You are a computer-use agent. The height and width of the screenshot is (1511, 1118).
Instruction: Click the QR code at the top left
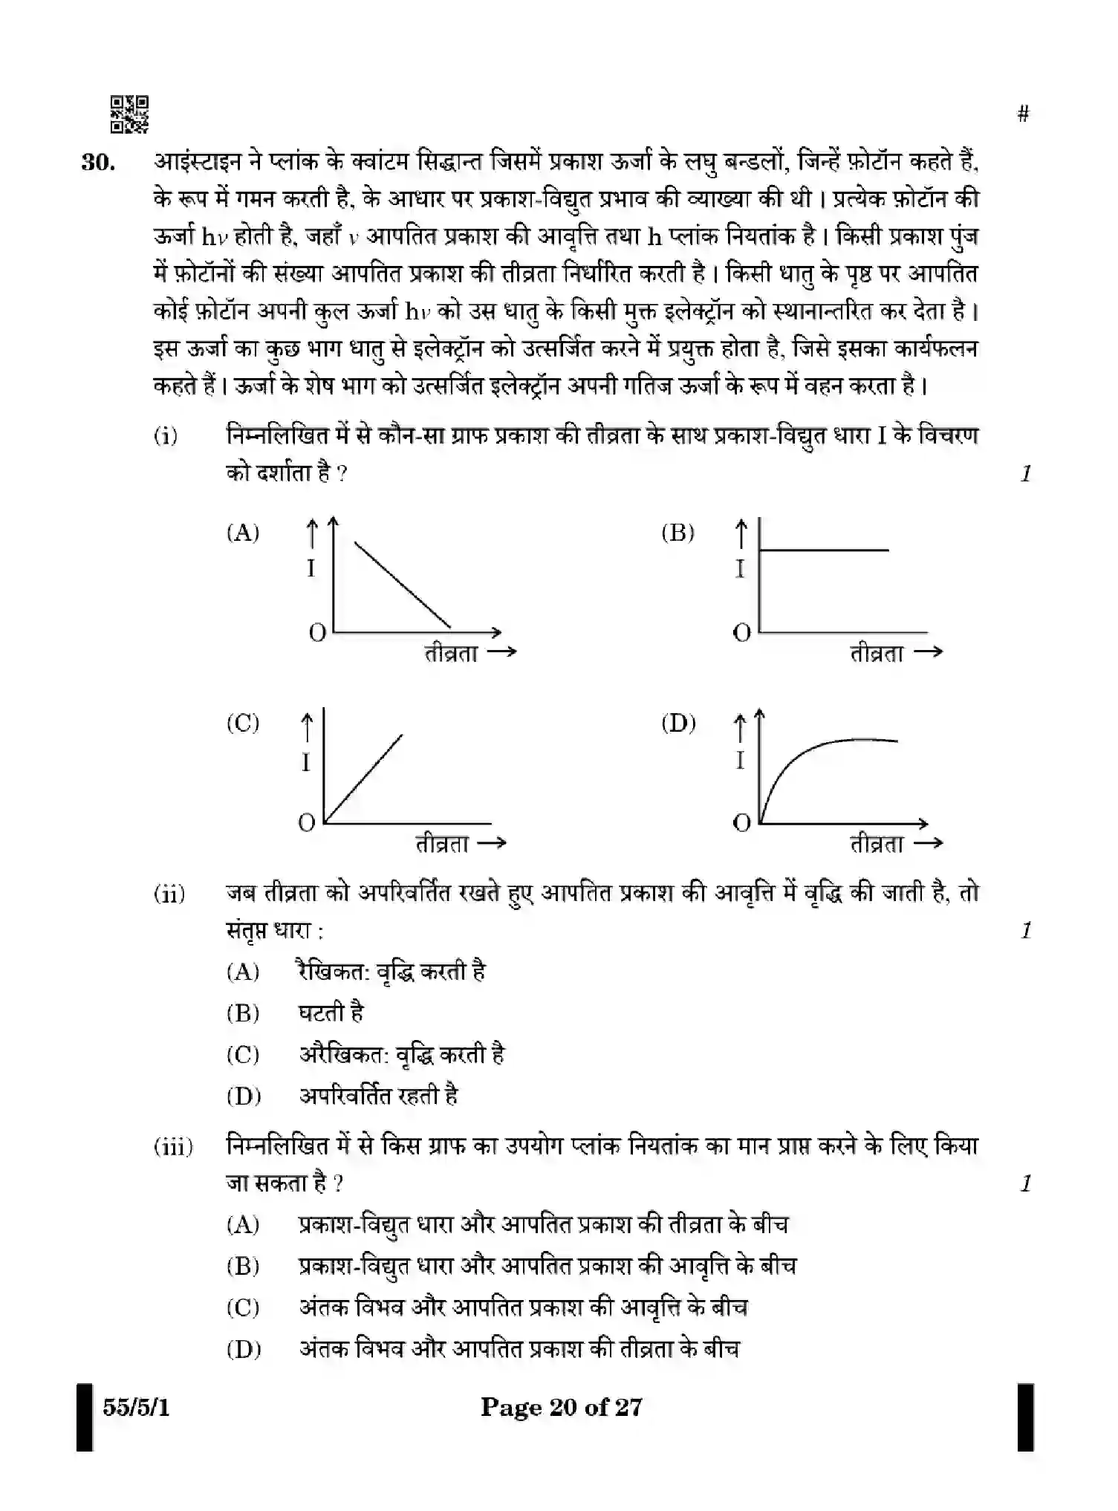(x=129, y=114)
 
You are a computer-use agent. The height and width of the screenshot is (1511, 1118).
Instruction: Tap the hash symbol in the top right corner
(x=1023, y=114)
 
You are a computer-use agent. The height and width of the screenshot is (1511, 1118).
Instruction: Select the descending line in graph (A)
(x=402, y=585)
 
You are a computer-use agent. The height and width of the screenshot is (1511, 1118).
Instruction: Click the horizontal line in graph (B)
(x=823, y=550)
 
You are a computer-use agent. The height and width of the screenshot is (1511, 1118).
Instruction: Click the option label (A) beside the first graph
(x=243, y=533)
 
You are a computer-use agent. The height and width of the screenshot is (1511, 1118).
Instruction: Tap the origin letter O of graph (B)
(x=741, y=633)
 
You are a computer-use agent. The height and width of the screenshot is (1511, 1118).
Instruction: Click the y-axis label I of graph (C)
(x=305, y=762)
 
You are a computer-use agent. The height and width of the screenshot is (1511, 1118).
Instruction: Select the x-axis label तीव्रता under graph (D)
(x=877, y=844)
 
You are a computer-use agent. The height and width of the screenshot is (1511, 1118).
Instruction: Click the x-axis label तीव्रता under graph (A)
(x=451, y=654)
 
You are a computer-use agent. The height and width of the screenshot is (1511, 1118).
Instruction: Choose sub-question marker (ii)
(x=169, y=893)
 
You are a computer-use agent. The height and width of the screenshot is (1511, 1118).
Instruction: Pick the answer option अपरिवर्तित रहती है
(x=378, y=1096)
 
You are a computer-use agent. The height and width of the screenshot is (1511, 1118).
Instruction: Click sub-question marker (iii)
(x=173, y=1146)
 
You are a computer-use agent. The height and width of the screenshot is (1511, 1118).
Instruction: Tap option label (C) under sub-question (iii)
(x=243, y=1307)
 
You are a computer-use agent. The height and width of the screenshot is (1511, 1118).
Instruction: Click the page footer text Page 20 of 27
(x=561, y=1407)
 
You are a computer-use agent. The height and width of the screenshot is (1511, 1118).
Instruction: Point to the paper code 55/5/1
(x=136, y=1407)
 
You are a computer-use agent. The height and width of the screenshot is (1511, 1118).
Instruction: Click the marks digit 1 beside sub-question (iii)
(x=1026, y=1183)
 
